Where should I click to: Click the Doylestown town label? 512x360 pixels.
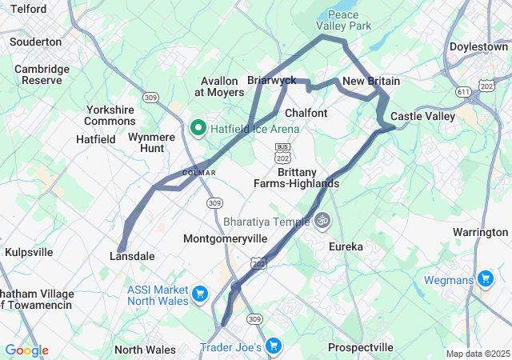[x=478, y=47]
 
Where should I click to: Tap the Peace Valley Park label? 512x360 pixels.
[x=350, y=21]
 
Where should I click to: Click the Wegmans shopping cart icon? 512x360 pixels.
[x=485, y=278]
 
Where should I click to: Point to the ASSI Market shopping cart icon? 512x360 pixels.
[x=199, y=294]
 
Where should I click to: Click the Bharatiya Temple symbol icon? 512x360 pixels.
[x=322, y=218]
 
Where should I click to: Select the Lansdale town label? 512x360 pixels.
[x=131, y=256]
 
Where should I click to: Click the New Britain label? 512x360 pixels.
[x=371, y=82]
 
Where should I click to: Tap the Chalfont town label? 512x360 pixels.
[x=306, y=113]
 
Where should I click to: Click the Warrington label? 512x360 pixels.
[x=480, y=232]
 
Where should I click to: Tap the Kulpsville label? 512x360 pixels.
[x=29, y=252]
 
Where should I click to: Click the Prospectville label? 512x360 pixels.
[x=361, y=348]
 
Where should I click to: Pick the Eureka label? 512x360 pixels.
[x=346, y=247]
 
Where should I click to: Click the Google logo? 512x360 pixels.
[x=26, y=350]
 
